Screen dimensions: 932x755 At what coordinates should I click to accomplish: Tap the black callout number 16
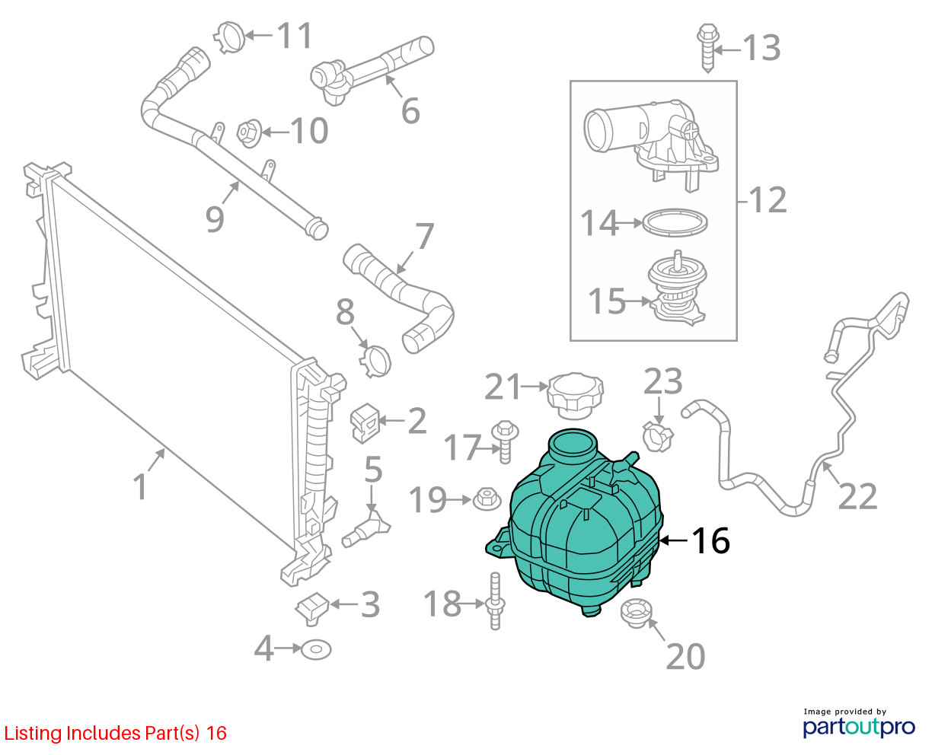point(711,540)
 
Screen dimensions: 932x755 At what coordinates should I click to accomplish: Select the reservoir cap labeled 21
point(575,397)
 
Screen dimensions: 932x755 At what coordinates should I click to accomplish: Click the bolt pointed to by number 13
point(708,48)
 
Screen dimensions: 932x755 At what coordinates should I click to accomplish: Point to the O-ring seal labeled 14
point(675,223)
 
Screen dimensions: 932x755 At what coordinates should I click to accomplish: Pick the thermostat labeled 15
point(676,288)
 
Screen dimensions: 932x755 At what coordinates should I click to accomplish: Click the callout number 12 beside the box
point(768,200)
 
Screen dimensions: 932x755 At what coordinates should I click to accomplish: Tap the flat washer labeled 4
point(316,650)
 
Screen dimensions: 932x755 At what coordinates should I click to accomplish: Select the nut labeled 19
point(487,499)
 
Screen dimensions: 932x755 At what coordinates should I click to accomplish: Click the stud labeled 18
point(496,601)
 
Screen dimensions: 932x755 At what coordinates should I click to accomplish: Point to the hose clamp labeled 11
point(230,37)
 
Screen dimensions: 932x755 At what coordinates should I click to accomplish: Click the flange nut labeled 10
point(250,133)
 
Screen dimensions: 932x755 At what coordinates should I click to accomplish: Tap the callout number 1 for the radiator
point(140,486)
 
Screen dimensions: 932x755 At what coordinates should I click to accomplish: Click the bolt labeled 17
point(506,441)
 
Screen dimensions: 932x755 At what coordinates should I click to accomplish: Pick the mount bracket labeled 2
point(365,423)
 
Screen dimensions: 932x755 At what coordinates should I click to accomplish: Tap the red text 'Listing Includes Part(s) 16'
point(116,733)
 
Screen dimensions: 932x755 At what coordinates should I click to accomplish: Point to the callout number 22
point(857,496)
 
